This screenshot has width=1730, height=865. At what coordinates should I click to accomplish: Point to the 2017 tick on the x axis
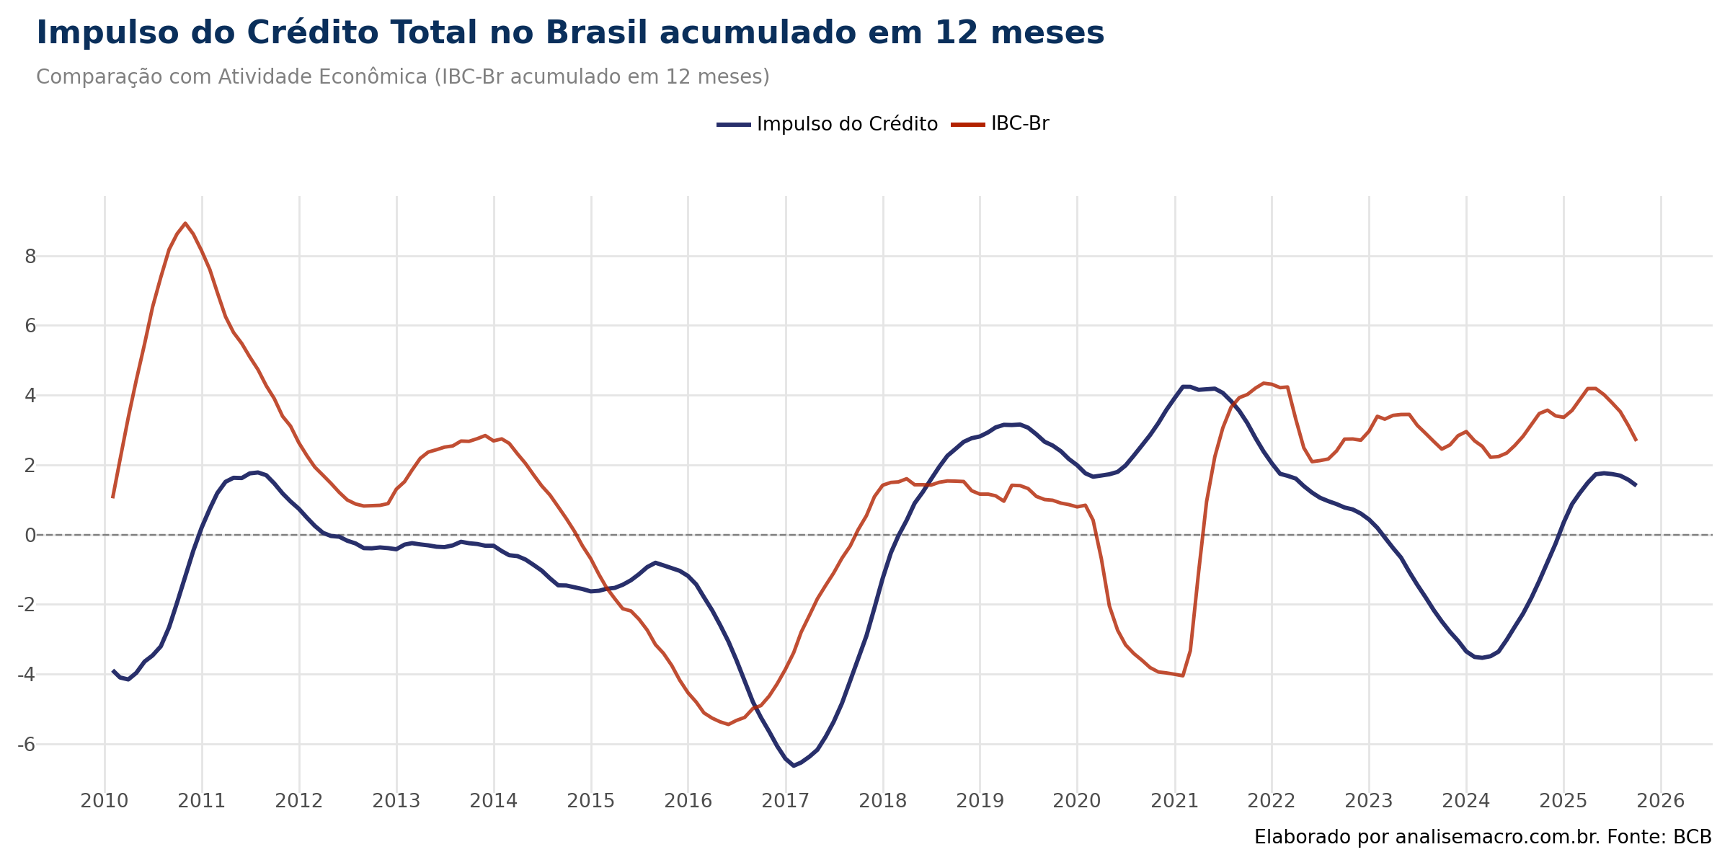[x=786, y=801]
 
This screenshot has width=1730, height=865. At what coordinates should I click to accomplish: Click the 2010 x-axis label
[x=105, y=801]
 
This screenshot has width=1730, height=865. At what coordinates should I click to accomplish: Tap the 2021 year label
[x=1175, y=801]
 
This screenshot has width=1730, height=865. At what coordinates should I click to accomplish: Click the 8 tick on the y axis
[x=30, y=257]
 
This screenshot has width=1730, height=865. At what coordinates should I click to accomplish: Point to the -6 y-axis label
[x=27, y=745]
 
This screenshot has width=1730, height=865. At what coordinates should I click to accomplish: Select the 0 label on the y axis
[x=30, y=535]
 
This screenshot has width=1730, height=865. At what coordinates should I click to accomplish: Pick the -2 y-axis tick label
[x=27, y=605]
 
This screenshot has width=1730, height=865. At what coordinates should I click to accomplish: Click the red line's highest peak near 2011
[x=185, y=223]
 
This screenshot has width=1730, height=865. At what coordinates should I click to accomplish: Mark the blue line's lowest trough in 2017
[x=794, y=766]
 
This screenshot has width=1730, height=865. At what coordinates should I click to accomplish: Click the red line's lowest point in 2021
[x=1182, y=675]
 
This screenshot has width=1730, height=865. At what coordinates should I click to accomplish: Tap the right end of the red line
[x=1636, y=440]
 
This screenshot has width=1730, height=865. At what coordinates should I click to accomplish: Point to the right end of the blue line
[x=1636, y=484]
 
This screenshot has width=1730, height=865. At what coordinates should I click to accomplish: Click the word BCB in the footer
[x=1692, y=837]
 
